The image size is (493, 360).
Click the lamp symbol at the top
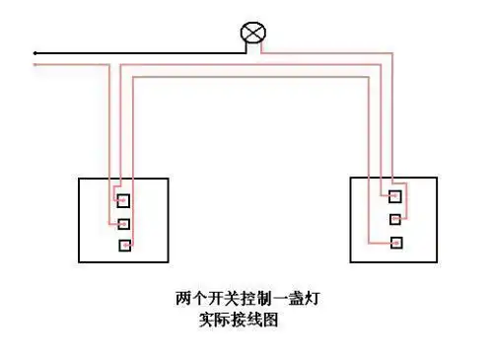click(x=252, y=34)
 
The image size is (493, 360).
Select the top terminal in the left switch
click(x=123, y=201)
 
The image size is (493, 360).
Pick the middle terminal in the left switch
click(x=123, y=223)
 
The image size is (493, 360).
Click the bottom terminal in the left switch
click(x=123, y=245)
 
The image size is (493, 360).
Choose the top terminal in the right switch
click(x=394, y=196)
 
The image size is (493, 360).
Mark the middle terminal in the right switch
click(x=394, y=219)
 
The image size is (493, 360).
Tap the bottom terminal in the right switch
click(x=394, y=242)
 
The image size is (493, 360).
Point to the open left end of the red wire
click(x=35, y=66)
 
